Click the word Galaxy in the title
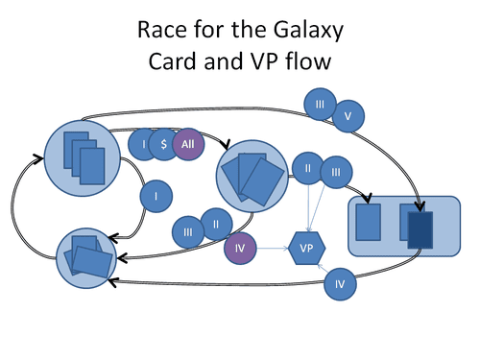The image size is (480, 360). (x=308, y=31)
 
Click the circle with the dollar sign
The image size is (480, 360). (x=164, y=144)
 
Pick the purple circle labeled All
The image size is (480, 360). (x=188, y=144)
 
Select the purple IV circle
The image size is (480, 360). (x=240, y=248)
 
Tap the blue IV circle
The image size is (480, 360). (x=340, y=284)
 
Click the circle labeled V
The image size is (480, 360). (x=348, y=116)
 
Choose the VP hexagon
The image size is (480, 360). (x=307, y=248)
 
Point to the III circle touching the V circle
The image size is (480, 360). (x=320, y=105)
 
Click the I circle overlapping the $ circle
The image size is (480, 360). (x=144, y=144)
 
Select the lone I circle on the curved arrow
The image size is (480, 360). (x=156, y=196)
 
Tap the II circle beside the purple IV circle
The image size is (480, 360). (x=216, y=225)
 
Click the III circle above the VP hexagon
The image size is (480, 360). (x=336, y=172)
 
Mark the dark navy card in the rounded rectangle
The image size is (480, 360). (x=420, y=229)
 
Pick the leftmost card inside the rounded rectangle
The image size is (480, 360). (x=369, y=222)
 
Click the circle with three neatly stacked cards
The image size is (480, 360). (x=83, y=158)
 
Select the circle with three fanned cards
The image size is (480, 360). (x=252, y=176)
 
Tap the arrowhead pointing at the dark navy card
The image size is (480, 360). (x=420, y=206)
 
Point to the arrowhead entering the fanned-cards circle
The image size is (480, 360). (x=226, y=144)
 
